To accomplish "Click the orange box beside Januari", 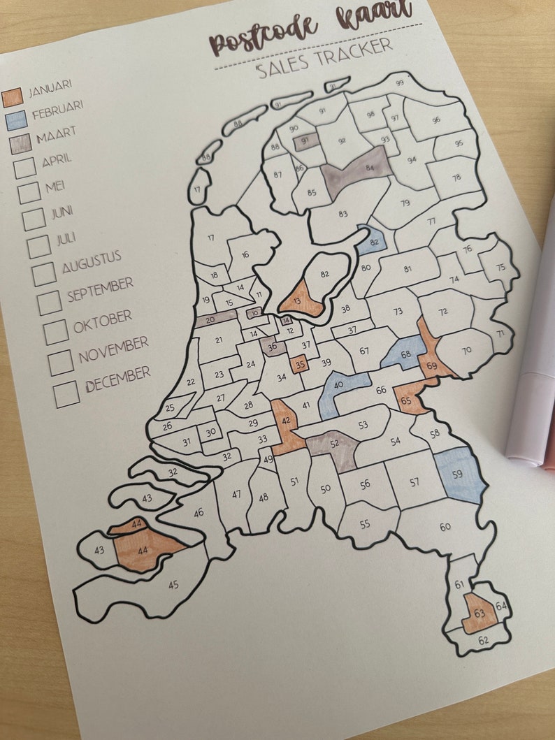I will coord(13,97).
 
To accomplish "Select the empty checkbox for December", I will coord(66,394).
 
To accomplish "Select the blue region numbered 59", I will coord(460,475).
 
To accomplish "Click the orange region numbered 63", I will coord(480,614).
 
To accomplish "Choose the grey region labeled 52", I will coord(333,445).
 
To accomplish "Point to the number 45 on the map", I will coord(173,584).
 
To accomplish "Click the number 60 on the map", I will coord(445,526).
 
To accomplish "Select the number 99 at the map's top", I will coord(400,83).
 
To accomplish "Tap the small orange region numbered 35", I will coord(299,364).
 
